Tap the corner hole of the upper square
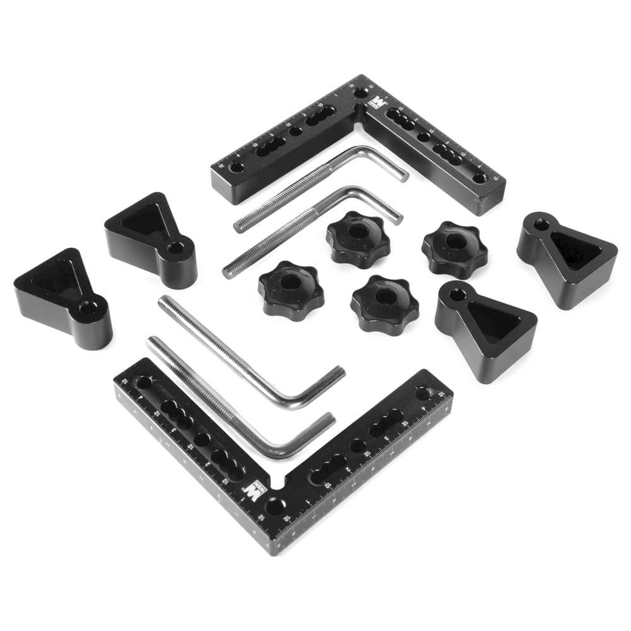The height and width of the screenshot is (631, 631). (x=360, y=93)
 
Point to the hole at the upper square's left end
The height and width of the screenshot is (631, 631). (x=237, y=168)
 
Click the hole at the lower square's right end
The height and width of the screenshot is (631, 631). (x=423, y=394)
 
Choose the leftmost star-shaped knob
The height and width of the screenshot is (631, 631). (x=290, y=289)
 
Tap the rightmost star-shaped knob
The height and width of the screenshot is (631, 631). (x=454, y=248)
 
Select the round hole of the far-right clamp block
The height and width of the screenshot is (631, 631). (x=541, y=223)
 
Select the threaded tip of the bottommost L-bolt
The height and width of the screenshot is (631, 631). (x=153, y=342)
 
